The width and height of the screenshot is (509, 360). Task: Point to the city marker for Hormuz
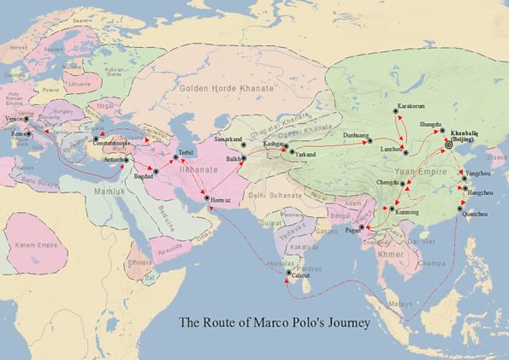pos(206,199)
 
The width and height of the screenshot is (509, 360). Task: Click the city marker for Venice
pos(27,119)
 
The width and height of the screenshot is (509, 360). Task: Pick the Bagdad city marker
pos(156,173)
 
